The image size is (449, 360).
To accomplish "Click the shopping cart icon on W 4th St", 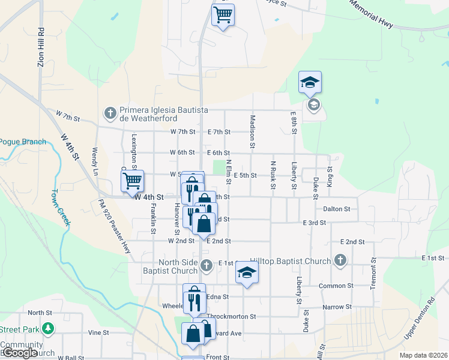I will point(132,180).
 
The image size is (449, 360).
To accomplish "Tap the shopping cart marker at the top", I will point(223,14).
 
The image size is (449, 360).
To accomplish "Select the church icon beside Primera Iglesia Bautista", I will point(110,112).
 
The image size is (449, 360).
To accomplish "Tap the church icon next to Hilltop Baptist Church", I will point(340,260).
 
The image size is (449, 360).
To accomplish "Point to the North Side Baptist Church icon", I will point(206,265).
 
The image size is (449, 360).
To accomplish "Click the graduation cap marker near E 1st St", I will point(246,273).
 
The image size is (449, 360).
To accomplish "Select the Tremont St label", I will point(373,274).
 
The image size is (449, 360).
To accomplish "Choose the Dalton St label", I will point(336,209).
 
